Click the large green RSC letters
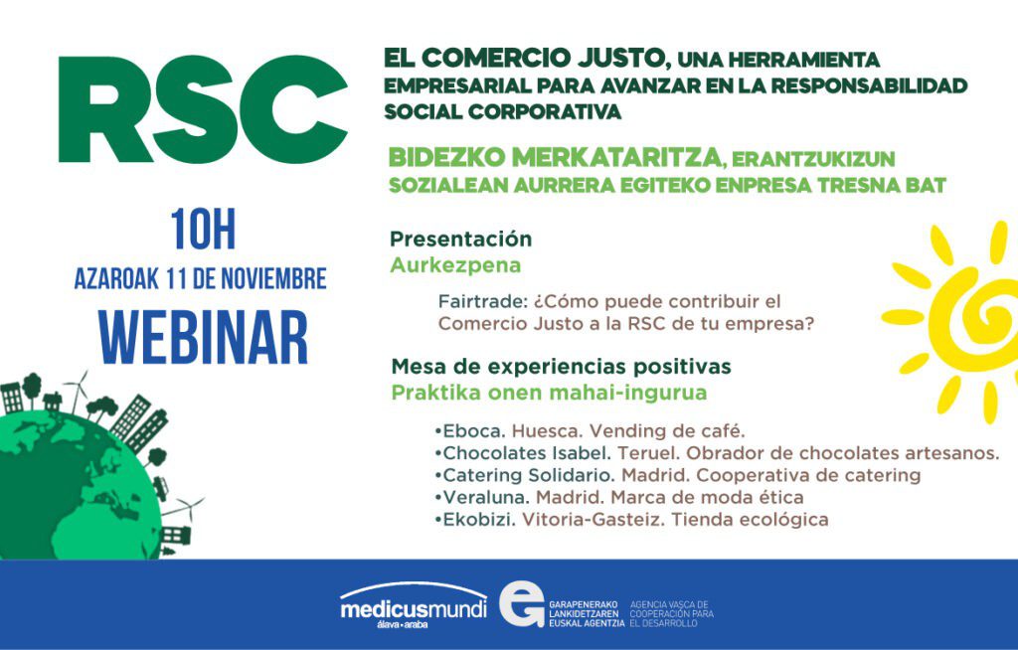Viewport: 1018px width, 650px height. (x=203, y=109)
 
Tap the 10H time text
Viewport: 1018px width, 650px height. (x=203, y=230)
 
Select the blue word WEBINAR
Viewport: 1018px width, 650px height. (x=203, y=338)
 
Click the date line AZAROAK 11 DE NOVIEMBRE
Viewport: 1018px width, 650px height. (x=201, y=278)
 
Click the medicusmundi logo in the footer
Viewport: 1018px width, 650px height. (x=413, y=604)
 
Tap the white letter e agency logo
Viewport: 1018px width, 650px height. (x=522, y=604)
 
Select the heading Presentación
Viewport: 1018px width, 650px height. (x=461, y=239)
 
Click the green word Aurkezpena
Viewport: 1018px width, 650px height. (x=455, y=265)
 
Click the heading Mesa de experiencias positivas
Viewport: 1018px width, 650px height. (x=562, y=367)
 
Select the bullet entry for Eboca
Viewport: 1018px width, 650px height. (x=591, y=431)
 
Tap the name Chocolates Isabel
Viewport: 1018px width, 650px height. (x=527, y=452)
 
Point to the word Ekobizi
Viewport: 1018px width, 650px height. (x=479, y=520)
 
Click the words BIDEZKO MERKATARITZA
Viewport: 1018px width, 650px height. (x=556, y=158)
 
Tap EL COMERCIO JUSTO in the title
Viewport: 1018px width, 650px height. (x=527, y=58)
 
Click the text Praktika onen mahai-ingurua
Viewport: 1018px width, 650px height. (x=549, y=394)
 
